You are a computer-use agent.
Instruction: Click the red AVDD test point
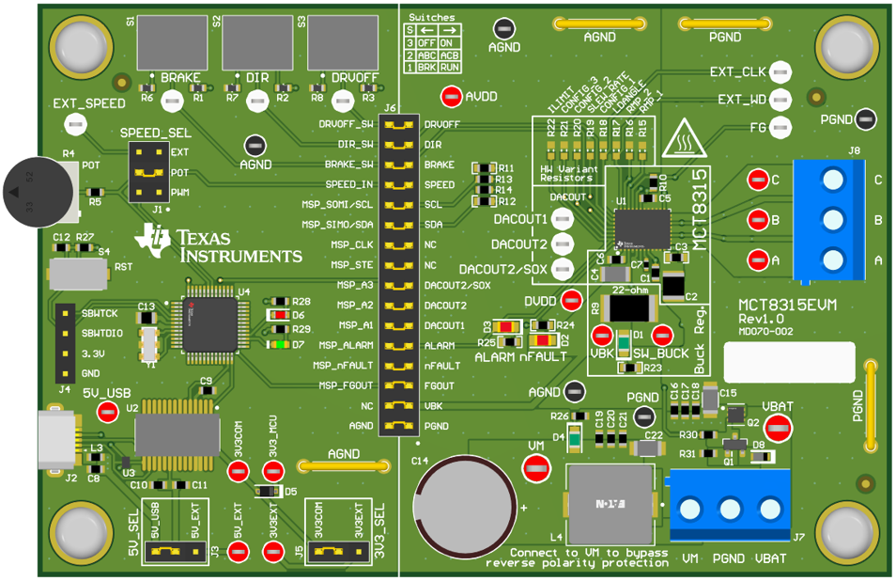[x=451, y=96]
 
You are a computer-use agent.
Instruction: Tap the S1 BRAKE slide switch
[x=173, y=41]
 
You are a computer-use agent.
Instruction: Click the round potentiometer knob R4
[x=37, y=193]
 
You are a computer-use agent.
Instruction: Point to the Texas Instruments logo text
[x=239, y=246]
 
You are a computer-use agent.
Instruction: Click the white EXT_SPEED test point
[x=71, y=123]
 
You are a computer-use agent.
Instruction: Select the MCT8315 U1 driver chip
[x=642, y=225]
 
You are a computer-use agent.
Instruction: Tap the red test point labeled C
[x=757, y=180]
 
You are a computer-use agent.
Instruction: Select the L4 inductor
[x=610, y=505]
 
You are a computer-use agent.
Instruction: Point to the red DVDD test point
[x=571, y=301]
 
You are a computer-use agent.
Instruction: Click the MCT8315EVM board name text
[x=787, y=305]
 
